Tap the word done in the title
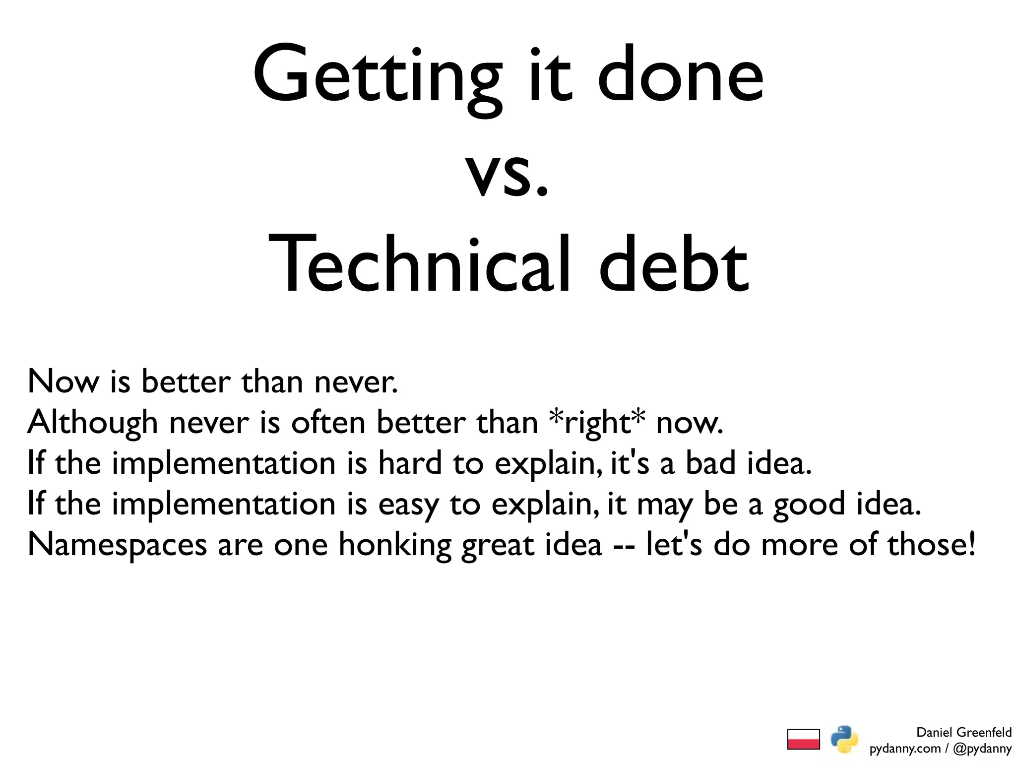(x=681, y=77)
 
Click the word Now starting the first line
(x=63, y=382)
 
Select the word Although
(x=92, y=423)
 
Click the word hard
(x=409, y=463)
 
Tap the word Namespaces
(x=117, y=545)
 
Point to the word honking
(x=395, y=545)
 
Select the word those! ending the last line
(x=931, y=544)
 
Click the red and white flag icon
(x=803, y=739)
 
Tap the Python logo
(x=844, y=739)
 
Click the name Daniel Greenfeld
(x=963, y=732)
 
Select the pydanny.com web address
(x=905, y=748)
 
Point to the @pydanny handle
(x=982, y=748)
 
